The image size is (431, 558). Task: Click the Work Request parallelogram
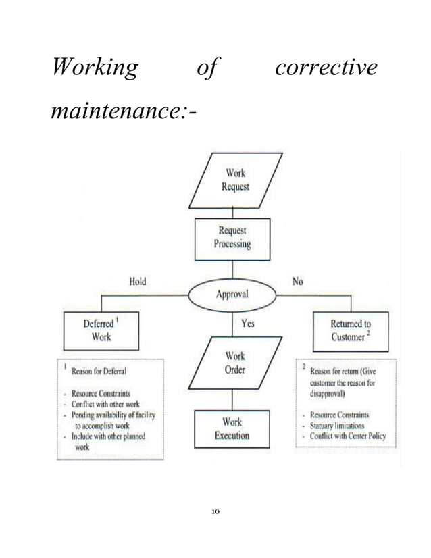pyautogui.click(x=235, y=180)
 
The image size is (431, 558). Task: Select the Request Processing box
pyautogui.click(x=232, y=238)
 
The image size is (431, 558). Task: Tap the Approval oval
pyautogui.click(x=232, y=295)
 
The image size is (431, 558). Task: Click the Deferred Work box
pyautogui.click(x=101, y=330)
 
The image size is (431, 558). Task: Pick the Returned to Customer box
pyautogui.click(x=351, y=330)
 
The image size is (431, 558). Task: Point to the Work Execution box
pyautogui.click(x=232, y=428)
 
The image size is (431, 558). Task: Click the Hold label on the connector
pyautogui.click(x=137, y=282)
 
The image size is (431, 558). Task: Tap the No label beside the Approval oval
pyautogui.click(x=297, y=282)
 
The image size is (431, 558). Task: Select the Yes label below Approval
pyautogui.click(x=248, y=324)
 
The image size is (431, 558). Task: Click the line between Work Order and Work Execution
pyautogui.click(x=232, y=399)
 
